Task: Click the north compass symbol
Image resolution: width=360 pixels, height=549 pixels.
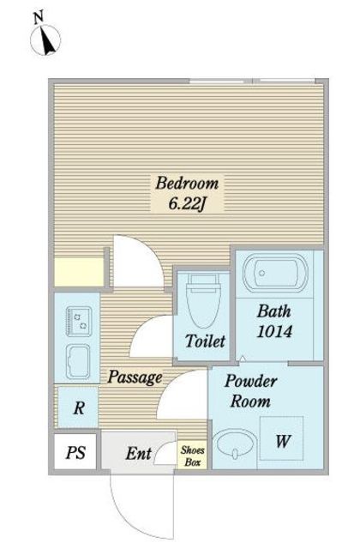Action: click(x=45, y=40)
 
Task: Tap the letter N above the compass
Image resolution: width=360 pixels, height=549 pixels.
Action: click(x=39, y=17)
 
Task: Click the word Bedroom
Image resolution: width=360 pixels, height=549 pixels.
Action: click(x=187, y=183)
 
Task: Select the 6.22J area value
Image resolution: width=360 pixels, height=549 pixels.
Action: click(x=187, y=203)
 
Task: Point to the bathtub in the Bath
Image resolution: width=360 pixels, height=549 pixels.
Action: click(x=275, y=273)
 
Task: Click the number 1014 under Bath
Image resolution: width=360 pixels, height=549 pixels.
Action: click(x=274, y=331)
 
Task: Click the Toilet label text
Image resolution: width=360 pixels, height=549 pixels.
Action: click(x=205, y=341)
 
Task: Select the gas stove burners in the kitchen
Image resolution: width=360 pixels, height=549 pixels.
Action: click(x=80, y=322)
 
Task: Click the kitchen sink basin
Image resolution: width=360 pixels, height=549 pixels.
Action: click(x=78, y=361)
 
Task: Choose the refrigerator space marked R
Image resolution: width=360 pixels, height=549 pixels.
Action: click(x=78, y=407)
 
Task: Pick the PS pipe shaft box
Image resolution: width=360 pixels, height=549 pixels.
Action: click(x=75, y=452)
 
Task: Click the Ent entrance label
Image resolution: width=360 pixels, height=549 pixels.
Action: click(x=139, y=454)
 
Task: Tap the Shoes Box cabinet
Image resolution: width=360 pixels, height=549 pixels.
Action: click(x=192, y=455)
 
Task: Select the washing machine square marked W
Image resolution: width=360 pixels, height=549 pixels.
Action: click(x=282, y=438)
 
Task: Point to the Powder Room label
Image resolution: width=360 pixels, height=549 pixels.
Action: click(x=251, y=391)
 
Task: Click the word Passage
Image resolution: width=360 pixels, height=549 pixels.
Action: click(x=135, y=377)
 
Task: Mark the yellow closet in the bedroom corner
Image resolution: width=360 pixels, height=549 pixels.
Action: click(x=80, y=272)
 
